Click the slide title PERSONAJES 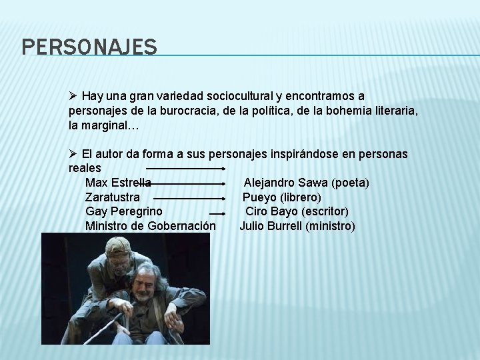(89, 47)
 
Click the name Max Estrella (118, 183)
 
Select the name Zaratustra (113, 197)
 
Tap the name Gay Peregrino (123, 211)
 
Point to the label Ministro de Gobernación (150, 226)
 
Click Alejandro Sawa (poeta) (306, 183)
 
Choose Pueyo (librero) (281, 197)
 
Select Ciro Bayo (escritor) (297, 211)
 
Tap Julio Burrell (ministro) (297, 226)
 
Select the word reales (85, 168)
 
